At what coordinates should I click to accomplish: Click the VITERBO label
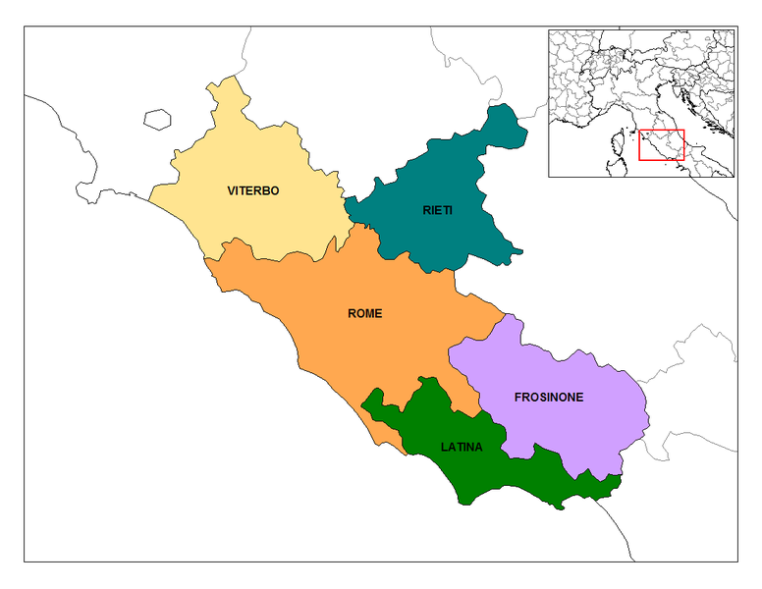click(x=253, y=190)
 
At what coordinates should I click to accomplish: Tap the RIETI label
click(x=438, y=209)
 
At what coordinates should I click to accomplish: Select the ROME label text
click(x=364, y=314)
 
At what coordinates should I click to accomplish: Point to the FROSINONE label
click(x=549, y=398)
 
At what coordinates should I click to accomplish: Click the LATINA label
click(x=462, y=448)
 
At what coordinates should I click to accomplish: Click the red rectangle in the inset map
click(x=661, y=144)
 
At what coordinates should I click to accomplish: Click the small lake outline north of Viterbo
click(x=157, y=120)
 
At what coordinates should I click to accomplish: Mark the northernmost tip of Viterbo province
click(x=232, y=77)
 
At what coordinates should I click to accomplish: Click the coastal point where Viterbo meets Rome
click(x=205, y=258)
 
